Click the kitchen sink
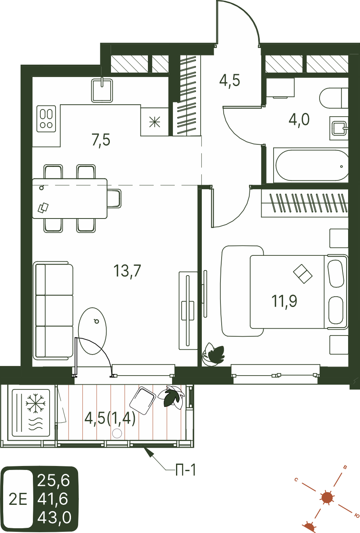pos(102,90)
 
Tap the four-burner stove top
pos(46,119)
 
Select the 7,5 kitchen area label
pos(101,140)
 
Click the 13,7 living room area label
pos(127,270)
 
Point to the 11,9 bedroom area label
pos(284,301)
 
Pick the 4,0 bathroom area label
pos(299,119)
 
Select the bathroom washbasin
pos(339,128)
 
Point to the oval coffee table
pos(92,331)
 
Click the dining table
pos(70,198)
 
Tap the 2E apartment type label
pos(18,499)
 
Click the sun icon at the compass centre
pos(327,498)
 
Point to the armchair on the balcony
pos(142,401)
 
